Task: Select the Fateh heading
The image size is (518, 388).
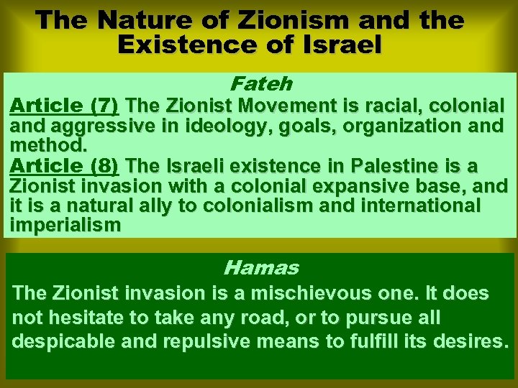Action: click(x=260, y=84)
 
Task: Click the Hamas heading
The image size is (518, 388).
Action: click(x=260, y=269)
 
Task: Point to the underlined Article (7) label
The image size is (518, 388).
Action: click(x=64, y=106)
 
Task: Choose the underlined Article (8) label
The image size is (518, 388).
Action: click(x=64, y=166)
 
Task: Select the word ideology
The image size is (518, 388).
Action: click(x=230, y=126)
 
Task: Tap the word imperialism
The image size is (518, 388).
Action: click(x=65, y=225)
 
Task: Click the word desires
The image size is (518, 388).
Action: click(x=465, y=341)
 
